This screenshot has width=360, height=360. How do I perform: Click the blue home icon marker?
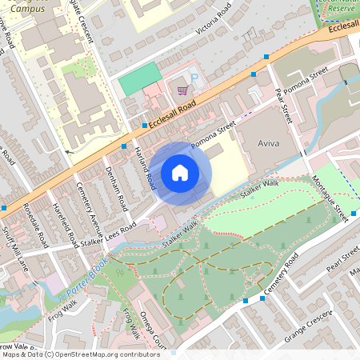point(180,172)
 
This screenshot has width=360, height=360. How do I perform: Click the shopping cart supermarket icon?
point(182,90)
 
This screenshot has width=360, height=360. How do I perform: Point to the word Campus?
point(28,10)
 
